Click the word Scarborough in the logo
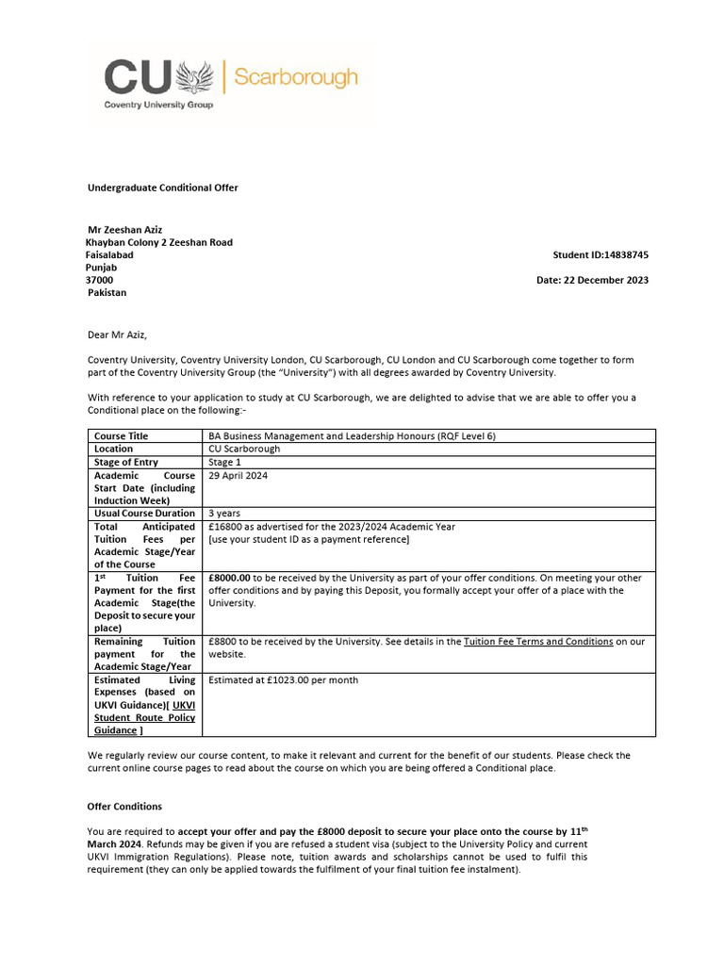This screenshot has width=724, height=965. click(295, 76)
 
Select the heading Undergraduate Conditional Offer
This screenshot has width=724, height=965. click(162, 188)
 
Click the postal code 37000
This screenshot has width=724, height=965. click(100, 280)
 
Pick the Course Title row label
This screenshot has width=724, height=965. click(122, 436)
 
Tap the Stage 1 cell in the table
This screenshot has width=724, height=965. click(225, 462)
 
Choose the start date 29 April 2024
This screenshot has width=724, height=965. click(241, 475)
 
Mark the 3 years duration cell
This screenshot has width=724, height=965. click(225, 514)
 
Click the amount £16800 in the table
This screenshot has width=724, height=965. click(225, 527)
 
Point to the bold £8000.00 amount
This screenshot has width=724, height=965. click(229, 578)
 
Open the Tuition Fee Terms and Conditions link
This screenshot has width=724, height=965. click(538, 641)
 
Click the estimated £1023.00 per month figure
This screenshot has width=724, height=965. click(283, 679)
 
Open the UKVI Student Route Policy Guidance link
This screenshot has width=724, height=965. click(144, 717)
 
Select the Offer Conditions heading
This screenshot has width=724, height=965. click(124, 807)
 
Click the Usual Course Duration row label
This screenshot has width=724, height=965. click(144, 514)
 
